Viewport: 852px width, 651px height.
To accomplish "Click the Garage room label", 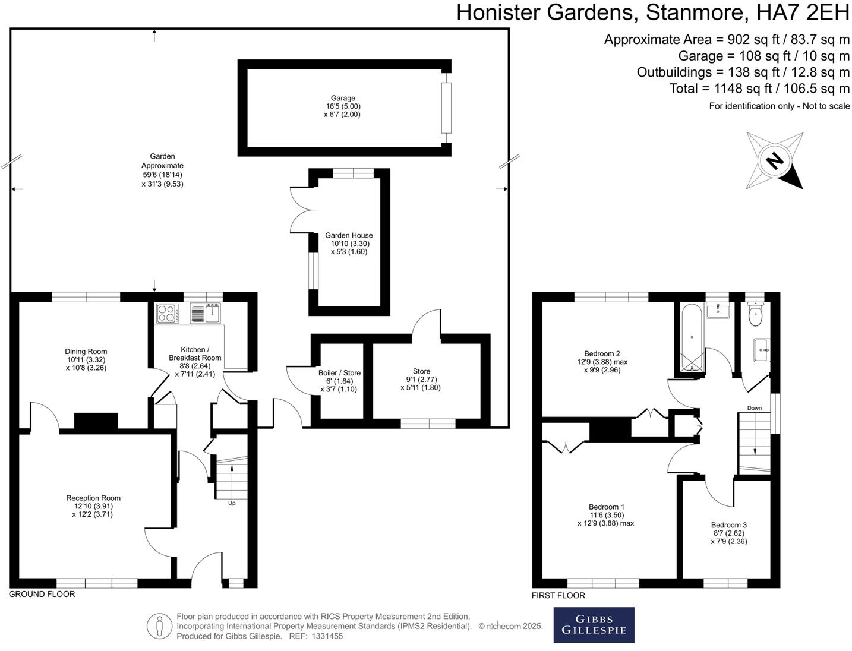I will click(x=343, y=99).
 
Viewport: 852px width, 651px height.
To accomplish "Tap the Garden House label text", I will click(x=349, y=236).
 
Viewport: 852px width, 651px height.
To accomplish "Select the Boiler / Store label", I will click(x=339, y=373).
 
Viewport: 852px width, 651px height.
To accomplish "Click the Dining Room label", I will click(x=86, y=352).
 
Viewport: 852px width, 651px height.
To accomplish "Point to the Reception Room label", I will click(x=93, y=498).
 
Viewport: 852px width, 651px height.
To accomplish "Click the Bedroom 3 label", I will click(x=728, y=525).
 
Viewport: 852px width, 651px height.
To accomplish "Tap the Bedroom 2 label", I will click(x=602, y=353).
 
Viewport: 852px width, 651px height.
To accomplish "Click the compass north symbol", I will click(x=774, y=160).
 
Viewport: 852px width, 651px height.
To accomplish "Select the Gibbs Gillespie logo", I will click(x=594, y=625).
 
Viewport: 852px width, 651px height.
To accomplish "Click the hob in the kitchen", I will click(x=166, y=312).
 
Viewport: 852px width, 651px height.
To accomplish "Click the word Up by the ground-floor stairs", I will click(x=232, y=503).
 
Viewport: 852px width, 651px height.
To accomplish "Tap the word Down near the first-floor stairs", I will click(x=754, y=408).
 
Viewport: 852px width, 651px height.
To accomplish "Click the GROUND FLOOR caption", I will click(x=42, y=594).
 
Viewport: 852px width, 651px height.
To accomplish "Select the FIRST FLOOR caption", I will click(x=558, y=595).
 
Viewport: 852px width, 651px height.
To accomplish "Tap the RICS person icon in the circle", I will click(x=159, y=626).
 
